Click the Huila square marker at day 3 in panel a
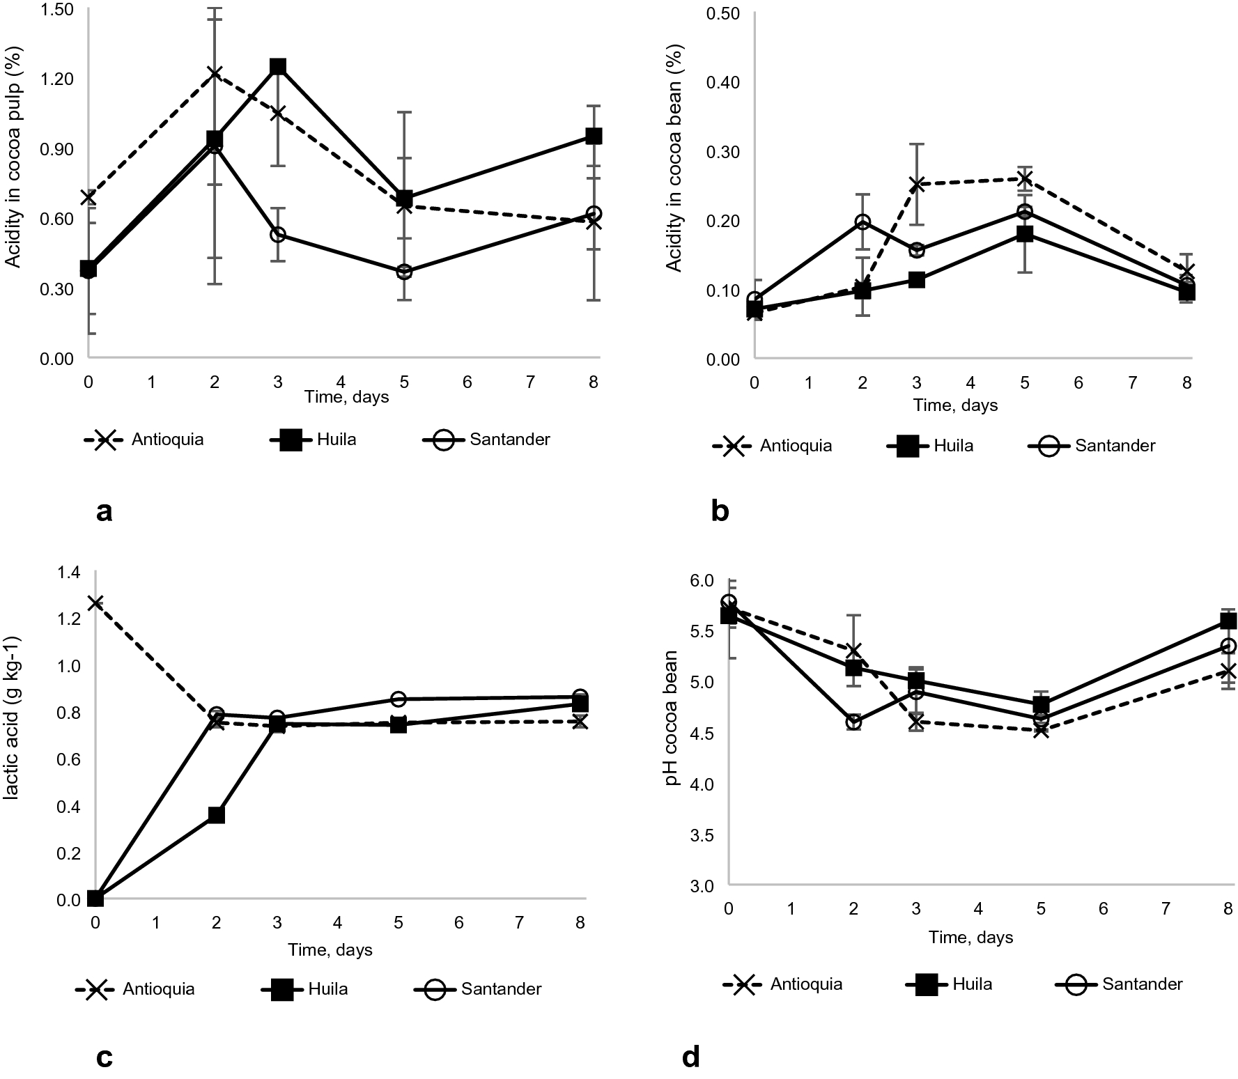point(278,67)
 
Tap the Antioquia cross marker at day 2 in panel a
point(215,74)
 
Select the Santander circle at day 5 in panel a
point(404,272)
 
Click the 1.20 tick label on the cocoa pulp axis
point(56,79)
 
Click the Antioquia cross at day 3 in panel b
point(917,184)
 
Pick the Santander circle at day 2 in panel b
point(862,222)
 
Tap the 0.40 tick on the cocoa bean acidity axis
point(722,82)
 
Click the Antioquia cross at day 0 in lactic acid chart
point(95,603)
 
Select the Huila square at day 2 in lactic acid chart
point(217,815)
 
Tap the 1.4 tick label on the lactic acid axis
point(70,573)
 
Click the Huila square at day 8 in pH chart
point(1228,621)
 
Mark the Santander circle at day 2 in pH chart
point(853,722)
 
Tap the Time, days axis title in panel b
point(955,405)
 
